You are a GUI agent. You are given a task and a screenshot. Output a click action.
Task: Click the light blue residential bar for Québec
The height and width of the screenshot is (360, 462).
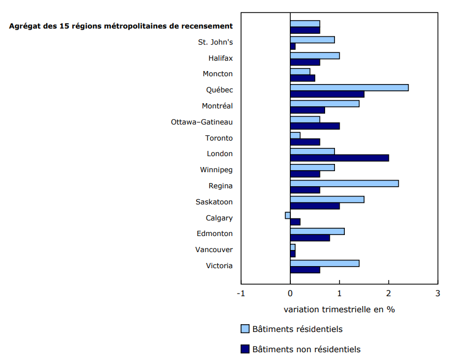[x=349, y=87]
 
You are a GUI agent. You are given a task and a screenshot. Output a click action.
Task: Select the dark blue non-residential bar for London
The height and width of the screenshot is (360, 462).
[x=339, y=158]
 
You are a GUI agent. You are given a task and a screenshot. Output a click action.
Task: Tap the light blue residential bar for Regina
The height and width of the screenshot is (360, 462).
[x=344, y=183]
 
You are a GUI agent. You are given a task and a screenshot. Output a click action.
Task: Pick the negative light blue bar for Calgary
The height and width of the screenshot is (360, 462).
[x=288, y=215]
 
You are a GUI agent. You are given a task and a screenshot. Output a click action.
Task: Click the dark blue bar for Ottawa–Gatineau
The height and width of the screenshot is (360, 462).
[x=315, y=126]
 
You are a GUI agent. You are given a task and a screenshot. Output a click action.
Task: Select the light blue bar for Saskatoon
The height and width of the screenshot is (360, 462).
[x=327, y=199]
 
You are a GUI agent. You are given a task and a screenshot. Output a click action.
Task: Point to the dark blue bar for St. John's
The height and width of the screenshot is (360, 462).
[x=292, y=46]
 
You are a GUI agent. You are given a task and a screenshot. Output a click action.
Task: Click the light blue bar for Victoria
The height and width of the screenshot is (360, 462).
[x=325, y=263]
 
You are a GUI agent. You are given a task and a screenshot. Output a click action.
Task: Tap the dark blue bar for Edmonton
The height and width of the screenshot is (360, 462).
[x=310, y=238]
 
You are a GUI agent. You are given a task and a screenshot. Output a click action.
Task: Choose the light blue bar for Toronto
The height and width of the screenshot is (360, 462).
[x=295, y=135]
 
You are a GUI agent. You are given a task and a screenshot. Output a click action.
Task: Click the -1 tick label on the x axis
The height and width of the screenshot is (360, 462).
[x=241, y=293]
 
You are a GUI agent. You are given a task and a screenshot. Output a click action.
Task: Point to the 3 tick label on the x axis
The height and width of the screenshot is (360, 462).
[x=438, y=293]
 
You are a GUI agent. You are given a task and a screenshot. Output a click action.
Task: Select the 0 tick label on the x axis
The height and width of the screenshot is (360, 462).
[x=290, y=293]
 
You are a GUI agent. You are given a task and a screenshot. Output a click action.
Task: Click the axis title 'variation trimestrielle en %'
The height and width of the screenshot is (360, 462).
[x=339, y=309]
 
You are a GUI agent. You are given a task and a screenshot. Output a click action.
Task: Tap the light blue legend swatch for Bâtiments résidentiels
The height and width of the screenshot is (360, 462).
[x=245, y=329]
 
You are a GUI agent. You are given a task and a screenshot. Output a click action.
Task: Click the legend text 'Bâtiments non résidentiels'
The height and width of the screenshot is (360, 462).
[x=306, y=349]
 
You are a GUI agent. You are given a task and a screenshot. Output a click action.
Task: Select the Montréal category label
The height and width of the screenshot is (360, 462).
[x=217, y=106]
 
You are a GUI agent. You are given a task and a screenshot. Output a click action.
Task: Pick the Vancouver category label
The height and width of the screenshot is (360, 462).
[x=214, y=250]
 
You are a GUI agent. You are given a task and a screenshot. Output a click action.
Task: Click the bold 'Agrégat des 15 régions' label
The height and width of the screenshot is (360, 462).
[x=121, y=26]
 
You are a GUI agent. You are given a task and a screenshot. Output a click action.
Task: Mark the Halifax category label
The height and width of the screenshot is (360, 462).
[x=220, y=58]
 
